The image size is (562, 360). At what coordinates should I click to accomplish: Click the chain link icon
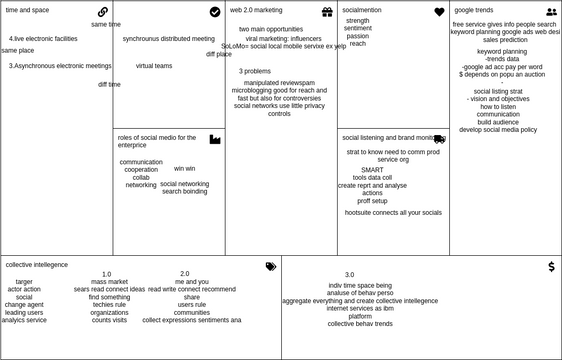tap(103, 12)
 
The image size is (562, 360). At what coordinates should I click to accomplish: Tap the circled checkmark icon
tap(215, 12)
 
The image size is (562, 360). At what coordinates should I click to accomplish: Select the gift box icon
tap(327, 12)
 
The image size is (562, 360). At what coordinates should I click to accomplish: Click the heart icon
tap(439, 12)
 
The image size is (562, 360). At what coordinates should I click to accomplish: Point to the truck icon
tap(439, 139)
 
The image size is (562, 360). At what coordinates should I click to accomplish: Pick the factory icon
tap(215, 139)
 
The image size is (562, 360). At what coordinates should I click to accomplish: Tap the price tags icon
tap(271, 266)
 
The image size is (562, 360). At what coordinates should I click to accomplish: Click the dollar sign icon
tap(551, 267)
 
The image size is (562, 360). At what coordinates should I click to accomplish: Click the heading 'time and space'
tap(27, 10)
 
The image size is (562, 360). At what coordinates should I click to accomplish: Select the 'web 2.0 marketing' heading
tap(256, 10)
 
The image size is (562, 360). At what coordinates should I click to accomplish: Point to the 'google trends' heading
tap(474, 10)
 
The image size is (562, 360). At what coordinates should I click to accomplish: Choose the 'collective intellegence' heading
tap(37, 265)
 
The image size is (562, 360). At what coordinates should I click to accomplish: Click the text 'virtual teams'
tap(154, 66)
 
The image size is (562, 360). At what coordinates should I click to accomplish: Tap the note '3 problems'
tap(255, 72)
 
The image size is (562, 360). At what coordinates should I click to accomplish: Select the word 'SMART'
tap(372, 170)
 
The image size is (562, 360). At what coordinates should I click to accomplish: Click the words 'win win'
tap(185, 169)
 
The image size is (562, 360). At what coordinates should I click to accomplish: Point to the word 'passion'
tap(357, 36)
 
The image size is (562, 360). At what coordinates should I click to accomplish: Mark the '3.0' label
tap(349, 275)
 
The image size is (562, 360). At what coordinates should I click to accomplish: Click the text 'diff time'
tap(109, 85)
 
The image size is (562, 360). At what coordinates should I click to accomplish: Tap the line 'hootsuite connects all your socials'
tap(393, 213)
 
